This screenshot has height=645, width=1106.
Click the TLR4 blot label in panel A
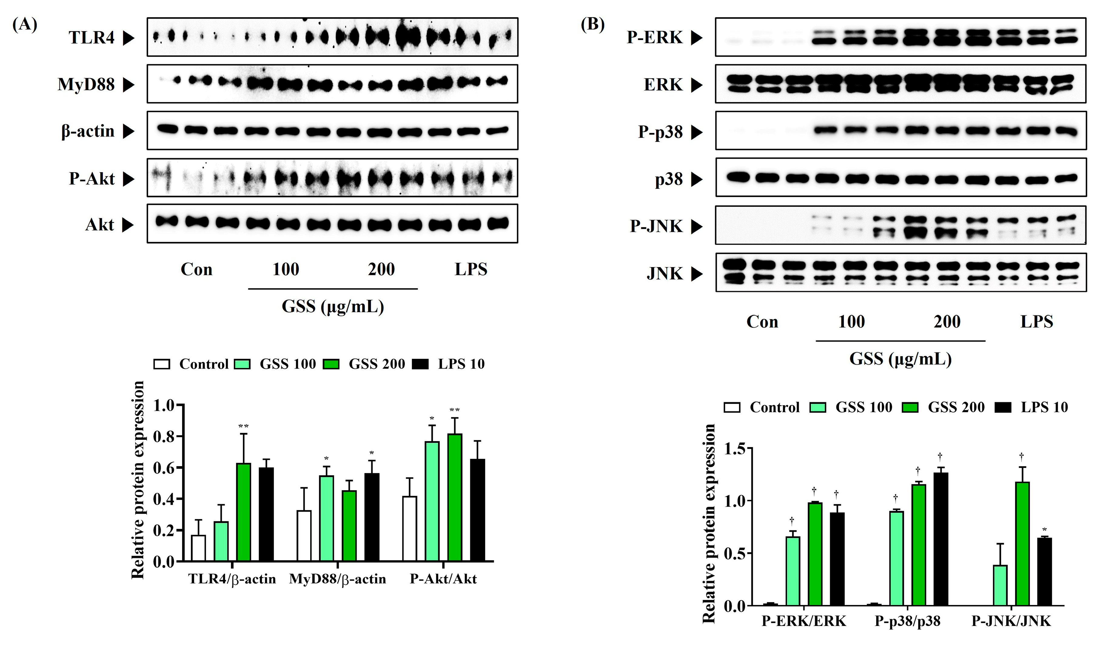(91, 38)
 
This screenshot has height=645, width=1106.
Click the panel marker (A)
(25, 24)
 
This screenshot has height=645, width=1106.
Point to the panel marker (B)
(592, 24)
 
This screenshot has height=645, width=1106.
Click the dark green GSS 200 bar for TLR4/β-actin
(243, 512)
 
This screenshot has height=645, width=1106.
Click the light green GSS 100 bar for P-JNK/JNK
(1000, 585)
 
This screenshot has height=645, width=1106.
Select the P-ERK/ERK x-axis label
(804, 621)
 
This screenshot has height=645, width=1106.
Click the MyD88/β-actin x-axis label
(337, 579)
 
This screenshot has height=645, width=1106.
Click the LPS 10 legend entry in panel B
(1044, 407)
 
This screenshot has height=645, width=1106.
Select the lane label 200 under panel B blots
(947, 322)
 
